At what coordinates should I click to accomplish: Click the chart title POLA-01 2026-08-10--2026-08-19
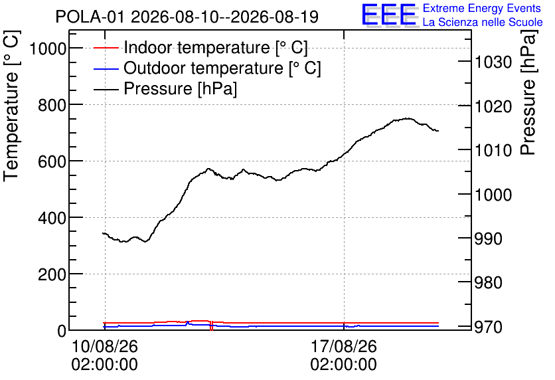point(187,17)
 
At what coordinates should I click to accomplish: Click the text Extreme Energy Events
point(482,8)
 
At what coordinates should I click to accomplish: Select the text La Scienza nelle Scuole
point(483,23)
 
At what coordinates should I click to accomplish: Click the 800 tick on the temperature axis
point(52,105)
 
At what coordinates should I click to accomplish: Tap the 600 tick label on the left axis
point(52,162)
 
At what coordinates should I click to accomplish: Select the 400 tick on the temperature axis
point(52,218)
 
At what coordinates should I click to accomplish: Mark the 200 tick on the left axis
point(52,274)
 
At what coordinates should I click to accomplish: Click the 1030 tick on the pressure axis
point(493,62)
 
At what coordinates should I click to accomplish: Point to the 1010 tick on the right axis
point(493,151)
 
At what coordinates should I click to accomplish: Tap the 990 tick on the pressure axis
point(489,238)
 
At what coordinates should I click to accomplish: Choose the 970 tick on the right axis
point(489,327)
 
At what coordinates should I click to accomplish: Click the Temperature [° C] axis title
point(12,106)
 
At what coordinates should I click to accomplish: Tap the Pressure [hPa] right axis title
point(528,92)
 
